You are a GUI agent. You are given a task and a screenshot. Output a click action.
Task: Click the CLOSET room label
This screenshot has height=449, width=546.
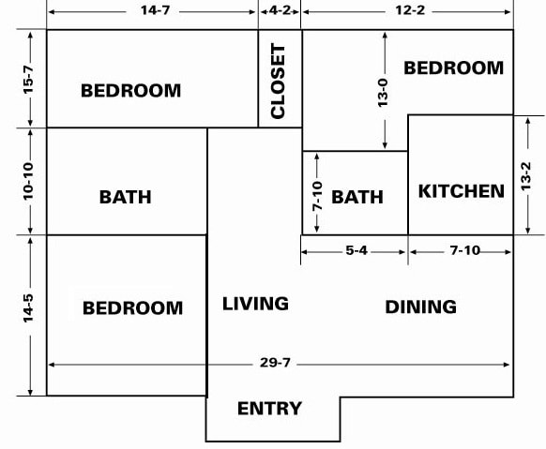click(x=278, y=81)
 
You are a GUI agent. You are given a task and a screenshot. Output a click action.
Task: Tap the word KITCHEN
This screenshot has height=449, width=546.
click(x=462, y=191)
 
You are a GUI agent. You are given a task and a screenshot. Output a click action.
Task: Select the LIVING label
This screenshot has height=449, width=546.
click(x=255, y=304)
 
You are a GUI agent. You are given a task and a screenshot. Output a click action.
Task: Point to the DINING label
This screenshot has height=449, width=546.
click(x=420, y=307)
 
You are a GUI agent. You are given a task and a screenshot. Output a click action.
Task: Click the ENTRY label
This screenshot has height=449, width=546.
click(x=269, y=409)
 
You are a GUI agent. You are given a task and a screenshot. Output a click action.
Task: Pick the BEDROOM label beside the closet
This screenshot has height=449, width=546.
click(x=131, y=90)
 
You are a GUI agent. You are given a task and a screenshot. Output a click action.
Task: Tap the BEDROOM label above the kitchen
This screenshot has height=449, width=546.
click(x=454, y=67)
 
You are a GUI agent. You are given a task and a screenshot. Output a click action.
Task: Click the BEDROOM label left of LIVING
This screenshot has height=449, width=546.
click(x=132, y=307)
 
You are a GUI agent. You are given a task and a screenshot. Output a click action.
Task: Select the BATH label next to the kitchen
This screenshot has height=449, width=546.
click(x=357, y=197)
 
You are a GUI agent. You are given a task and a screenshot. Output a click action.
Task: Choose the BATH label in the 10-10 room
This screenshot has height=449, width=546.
click(x=126, y=197)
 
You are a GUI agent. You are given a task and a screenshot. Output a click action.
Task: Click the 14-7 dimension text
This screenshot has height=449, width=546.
click(x=156, y=10)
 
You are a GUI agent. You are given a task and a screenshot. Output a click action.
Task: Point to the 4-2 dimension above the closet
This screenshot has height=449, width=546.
click(x=280, y=10)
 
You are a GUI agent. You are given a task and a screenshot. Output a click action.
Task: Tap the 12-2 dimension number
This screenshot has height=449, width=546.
click(x=410, y=10)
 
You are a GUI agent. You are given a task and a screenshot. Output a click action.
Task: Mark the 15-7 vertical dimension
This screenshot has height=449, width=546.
click(x=28, y=80)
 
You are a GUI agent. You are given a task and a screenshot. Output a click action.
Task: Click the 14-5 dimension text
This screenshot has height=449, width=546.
click(x=28, y=308)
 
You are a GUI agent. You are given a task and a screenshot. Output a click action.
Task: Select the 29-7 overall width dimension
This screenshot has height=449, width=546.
click(x=275, y=363)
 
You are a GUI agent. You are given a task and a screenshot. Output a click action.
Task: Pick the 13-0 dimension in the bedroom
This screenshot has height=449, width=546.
click(x=383, y=93)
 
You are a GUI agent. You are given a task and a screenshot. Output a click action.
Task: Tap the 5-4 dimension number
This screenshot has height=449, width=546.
click(x=356, y=250)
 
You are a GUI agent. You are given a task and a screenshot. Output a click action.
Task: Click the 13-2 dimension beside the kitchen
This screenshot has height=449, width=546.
click(x=525, y=175)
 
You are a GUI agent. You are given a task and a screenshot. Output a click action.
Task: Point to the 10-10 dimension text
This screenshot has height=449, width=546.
click(x=28, y=181)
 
